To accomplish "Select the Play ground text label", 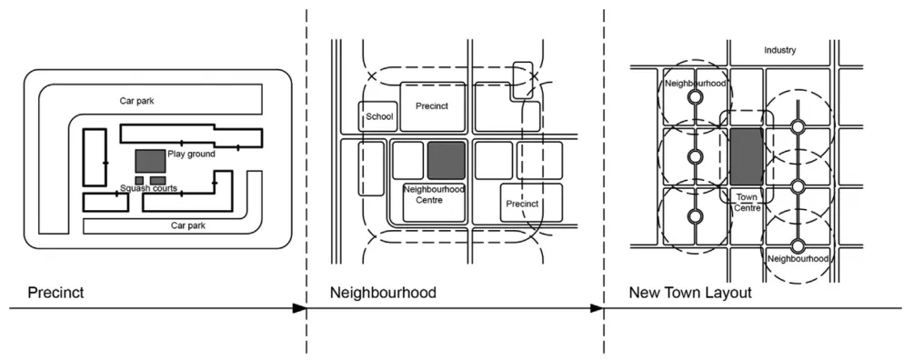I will [x=192, y=155].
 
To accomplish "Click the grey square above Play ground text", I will [x=150, y=159].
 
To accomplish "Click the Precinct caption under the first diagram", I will [x=56, y=293].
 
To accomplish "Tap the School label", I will [x=378, y=116].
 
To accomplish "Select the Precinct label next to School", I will [x=432, y=106].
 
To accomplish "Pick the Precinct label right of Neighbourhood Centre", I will [x=522, y=204].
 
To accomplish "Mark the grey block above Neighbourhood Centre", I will [x=446, y=160].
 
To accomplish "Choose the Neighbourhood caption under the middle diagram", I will [x=383, y=293].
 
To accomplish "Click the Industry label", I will [x=779, y=51].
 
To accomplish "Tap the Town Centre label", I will [x=747, y=202].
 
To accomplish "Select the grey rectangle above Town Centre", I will [x=747, y=157].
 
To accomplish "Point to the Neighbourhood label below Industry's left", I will [x=695, y=83].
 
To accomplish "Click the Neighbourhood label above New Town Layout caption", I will [x=798, y=259].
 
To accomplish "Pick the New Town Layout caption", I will [x=689, y=293].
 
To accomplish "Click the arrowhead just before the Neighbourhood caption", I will [x=299, y=309].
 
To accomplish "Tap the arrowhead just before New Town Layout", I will [x=597, y=309].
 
